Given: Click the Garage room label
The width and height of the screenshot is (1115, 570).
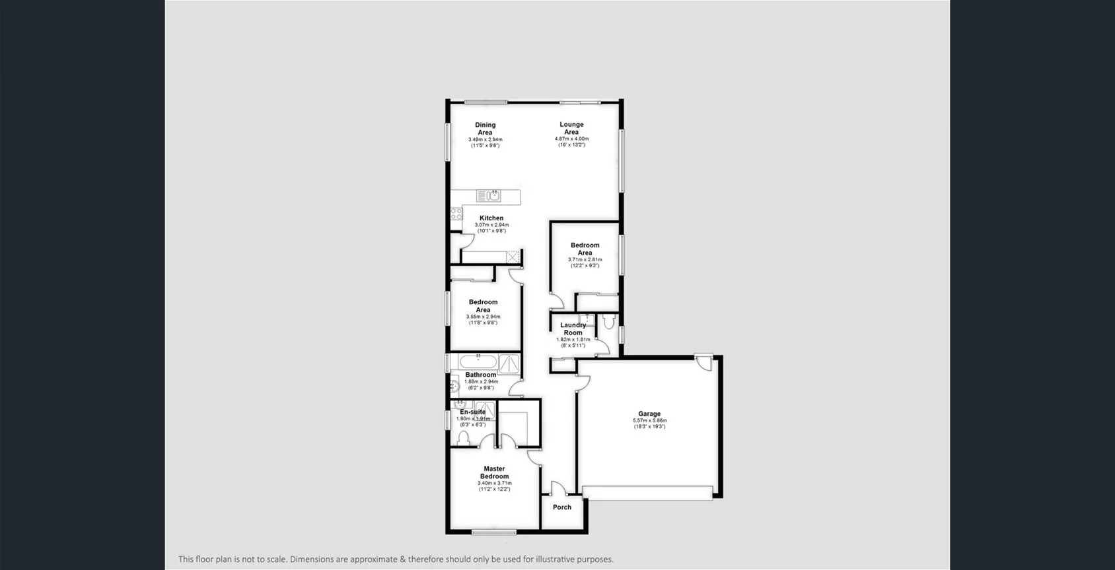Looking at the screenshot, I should pos(649,414).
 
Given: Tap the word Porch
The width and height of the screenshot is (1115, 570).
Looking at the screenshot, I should pos(562,507).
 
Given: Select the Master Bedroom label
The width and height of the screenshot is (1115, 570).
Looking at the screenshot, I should pos(494,472).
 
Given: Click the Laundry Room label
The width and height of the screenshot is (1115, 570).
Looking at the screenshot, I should pos(573,329).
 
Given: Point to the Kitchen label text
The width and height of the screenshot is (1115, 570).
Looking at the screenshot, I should pos(491,218).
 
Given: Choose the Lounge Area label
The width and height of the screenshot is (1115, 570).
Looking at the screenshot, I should pos(571,128).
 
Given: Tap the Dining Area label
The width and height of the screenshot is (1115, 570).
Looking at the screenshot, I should pos(485,129).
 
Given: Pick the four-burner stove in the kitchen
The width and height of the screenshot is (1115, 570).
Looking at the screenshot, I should pos(456,214).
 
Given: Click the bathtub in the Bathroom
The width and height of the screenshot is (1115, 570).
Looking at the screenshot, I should pos(478,362).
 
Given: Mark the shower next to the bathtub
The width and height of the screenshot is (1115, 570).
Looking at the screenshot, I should pos(509,364).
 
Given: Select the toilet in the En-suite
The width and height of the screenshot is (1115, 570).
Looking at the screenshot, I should pos(463,439).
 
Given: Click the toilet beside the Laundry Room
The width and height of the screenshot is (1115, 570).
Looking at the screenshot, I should pos(608,322).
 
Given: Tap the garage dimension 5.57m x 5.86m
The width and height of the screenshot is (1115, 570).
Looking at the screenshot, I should pos(649,421).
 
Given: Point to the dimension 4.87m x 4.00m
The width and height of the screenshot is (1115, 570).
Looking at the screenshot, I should pos(571,139).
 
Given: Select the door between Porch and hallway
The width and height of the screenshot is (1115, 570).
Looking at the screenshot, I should pos(558,489).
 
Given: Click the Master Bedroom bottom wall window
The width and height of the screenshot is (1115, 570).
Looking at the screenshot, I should pos(494,532).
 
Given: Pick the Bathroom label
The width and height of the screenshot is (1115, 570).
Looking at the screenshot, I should pos(480,375).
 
